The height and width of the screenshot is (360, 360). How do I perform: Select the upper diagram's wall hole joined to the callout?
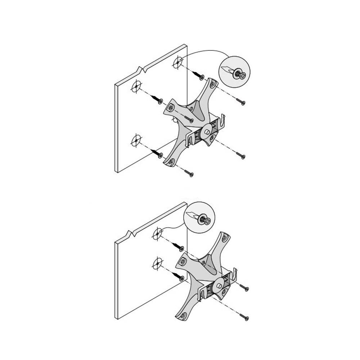[x=178, y=63]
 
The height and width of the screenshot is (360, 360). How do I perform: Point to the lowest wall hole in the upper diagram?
[x=136, y=140]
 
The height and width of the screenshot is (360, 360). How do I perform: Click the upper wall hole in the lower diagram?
[x=157, y=234]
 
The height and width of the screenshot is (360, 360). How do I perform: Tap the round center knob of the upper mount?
[x=207, y=131]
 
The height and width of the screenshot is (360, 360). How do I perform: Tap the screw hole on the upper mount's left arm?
[x=171, y=106]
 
